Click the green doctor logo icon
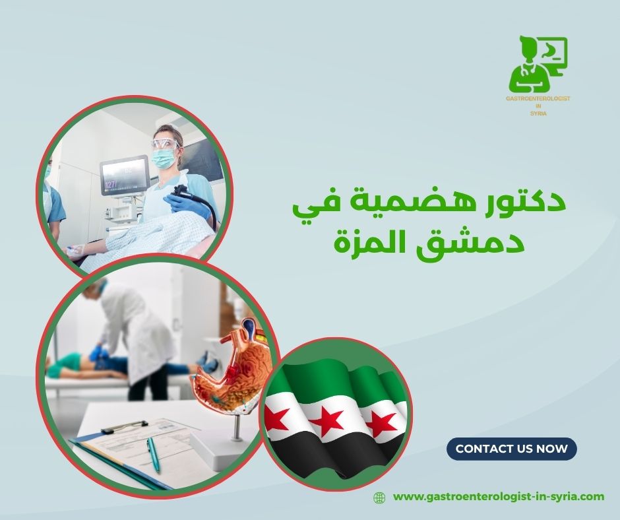click(538, 65)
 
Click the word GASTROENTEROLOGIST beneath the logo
click(538, 98)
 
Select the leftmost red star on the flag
click(277, 417)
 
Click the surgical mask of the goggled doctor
click(164, 158)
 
